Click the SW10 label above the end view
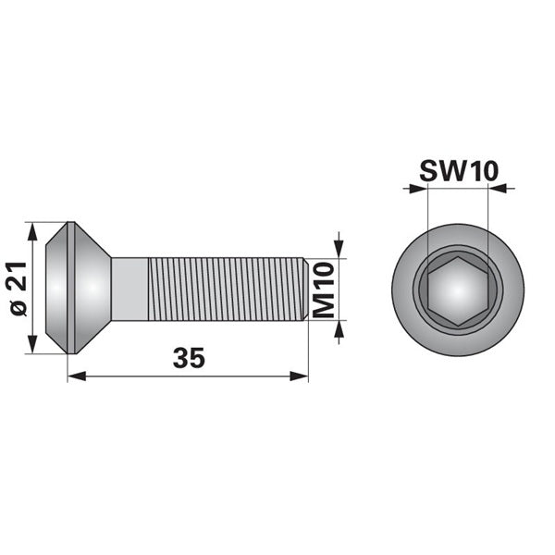(x=459, y=171)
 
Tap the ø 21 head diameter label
(x=18, y=289)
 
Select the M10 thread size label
(x=325, y=290)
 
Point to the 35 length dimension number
(x=189, y=357)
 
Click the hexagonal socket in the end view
(x=458, y=291)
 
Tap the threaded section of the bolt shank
(x=226, y=290)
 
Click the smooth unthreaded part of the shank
(x=129, y=290)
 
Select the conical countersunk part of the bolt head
(x=92, y=288)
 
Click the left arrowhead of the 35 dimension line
(x=77, y=376)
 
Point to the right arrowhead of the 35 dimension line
(x=299, y=376)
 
